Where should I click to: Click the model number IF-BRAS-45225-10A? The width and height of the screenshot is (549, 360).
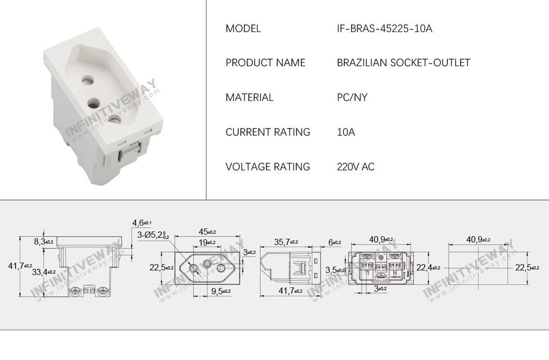[384, 28]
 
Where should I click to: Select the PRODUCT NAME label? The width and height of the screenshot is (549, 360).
[265, 63]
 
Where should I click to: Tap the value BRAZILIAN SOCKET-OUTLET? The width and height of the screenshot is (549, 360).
[403, 63]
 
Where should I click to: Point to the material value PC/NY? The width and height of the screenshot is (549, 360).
[352, 97]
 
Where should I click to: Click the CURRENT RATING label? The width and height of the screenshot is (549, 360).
[268, 132]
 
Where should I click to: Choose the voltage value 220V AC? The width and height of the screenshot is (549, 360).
[355, 167]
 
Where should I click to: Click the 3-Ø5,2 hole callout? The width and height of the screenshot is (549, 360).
[151, 235]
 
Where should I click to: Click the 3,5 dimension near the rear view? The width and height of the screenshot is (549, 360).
[334, 270]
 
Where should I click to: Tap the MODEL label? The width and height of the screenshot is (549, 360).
[243, 28]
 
